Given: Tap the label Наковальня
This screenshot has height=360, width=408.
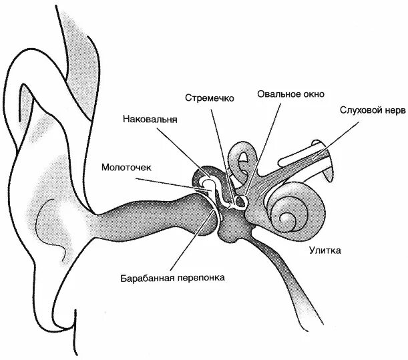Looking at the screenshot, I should pos(150,121).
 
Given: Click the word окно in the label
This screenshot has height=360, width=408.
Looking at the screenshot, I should pos(313,94).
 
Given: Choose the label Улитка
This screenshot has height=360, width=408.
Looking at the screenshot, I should pos(325,251).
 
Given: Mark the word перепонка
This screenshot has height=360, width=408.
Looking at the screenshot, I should pos(202,277).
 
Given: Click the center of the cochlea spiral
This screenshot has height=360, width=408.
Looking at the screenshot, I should pos(288,217).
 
